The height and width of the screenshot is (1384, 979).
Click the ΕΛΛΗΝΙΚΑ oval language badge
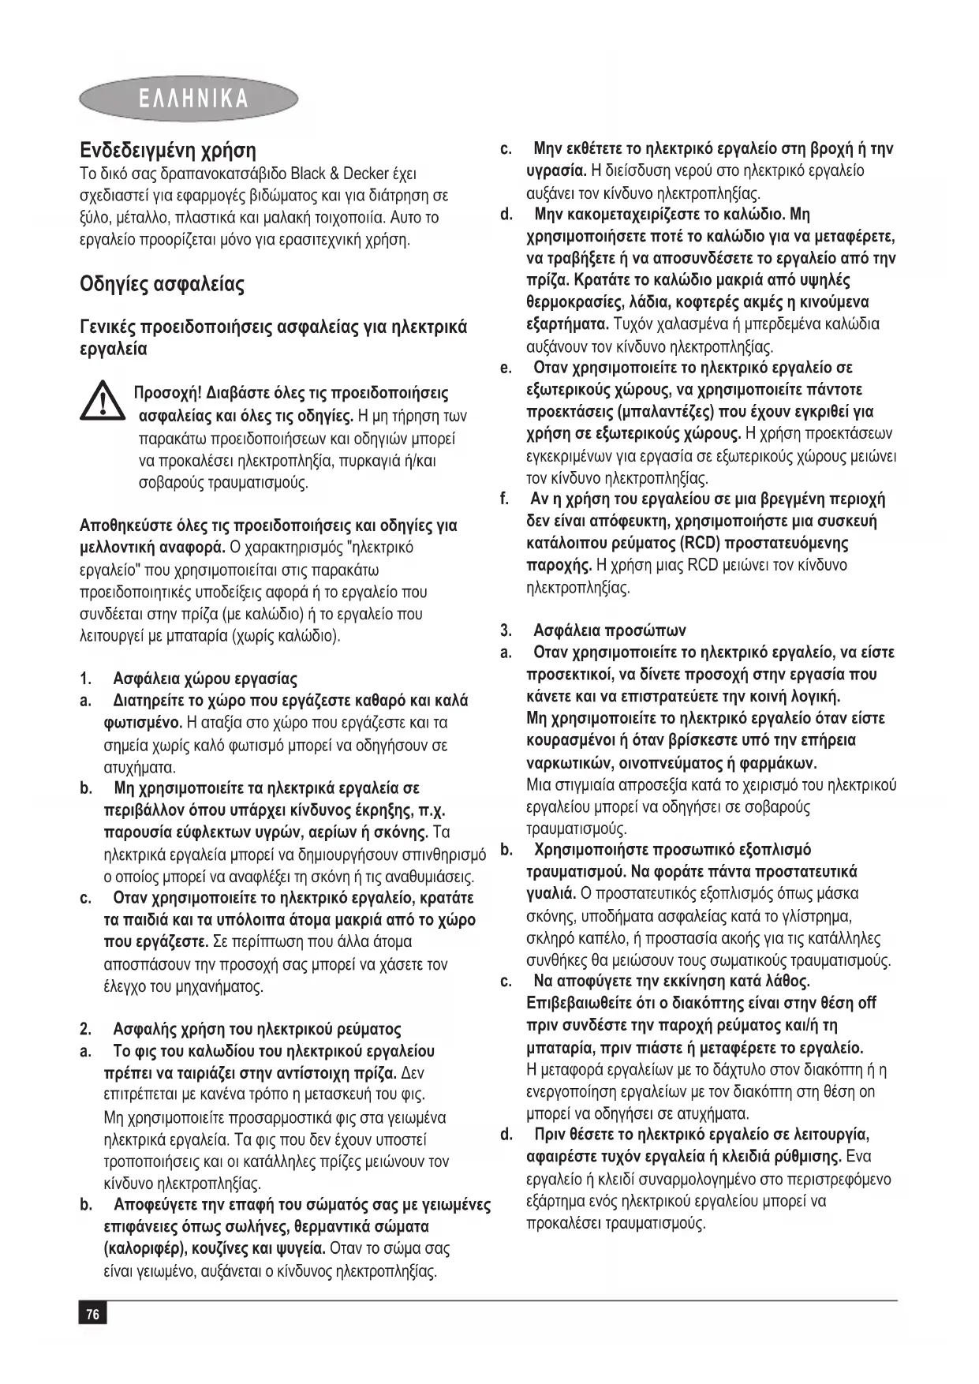pos(189,99)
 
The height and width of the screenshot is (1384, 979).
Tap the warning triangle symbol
pos(102,400)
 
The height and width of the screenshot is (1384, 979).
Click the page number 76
pos(92,1314)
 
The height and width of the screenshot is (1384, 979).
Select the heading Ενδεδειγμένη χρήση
pos(168,151)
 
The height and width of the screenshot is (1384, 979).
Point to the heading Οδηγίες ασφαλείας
pos(162,284)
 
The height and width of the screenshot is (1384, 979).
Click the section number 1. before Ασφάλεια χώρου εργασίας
pos(86,679)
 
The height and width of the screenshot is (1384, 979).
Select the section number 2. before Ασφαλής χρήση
pos(86,1029)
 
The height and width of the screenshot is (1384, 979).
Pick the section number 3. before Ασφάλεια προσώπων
pos(506,630)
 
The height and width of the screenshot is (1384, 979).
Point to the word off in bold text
pos(867,1003)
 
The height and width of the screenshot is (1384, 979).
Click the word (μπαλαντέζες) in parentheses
pos(667,411)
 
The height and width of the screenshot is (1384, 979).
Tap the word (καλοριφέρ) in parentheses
pos(148,1248)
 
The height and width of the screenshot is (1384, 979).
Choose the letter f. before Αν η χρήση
pos(505,499)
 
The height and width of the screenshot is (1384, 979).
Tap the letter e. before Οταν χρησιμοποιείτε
pos(506,368)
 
